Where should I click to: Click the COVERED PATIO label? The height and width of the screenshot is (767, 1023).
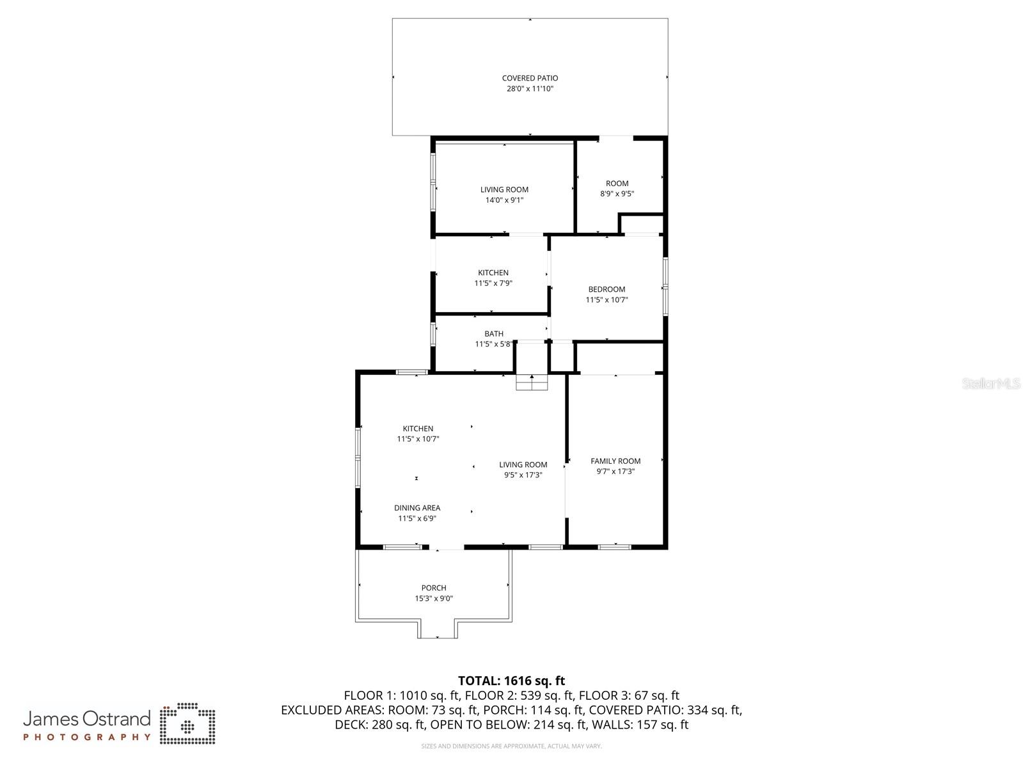tap(530, 78)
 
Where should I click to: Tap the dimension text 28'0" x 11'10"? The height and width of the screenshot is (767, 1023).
tap(530, 89)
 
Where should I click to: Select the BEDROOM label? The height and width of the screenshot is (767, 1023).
tap(607, 289)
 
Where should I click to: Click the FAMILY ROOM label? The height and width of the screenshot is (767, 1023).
tap(615, 461)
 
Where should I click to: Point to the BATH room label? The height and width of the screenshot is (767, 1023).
tap(493, 333)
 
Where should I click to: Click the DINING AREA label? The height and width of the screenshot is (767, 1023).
tap(417, 508)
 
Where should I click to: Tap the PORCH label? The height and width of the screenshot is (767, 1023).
tap(434, 588)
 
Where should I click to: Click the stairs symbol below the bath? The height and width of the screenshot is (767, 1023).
tap(532, 383)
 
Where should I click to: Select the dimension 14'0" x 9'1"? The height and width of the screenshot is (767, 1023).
tap(504, 200)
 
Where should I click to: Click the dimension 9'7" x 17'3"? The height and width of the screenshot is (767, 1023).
tap(615, 471)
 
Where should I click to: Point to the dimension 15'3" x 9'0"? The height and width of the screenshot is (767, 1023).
tap(434, 599)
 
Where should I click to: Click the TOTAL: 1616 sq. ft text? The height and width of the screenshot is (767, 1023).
tap(511, 681)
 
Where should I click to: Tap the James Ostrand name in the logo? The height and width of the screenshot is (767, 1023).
tap(87, 718)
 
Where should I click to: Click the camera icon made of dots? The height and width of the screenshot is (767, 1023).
tap(187, 724)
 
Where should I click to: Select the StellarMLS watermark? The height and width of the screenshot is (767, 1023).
tap(991, 384)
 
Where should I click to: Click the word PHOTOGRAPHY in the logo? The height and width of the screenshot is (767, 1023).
tap(87, 737)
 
